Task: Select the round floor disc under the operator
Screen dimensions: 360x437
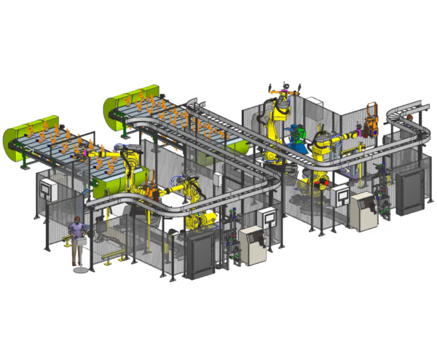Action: click(x=82, y=270)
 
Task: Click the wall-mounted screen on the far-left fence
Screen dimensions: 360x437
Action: click(x=46, y=189)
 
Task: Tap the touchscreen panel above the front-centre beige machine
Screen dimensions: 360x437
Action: click(x=268, y=216)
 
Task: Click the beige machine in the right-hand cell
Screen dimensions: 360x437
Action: click(x=363, y=211)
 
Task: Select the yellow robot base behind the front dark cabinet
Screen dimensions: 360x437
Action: click(x=200, y=219)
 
